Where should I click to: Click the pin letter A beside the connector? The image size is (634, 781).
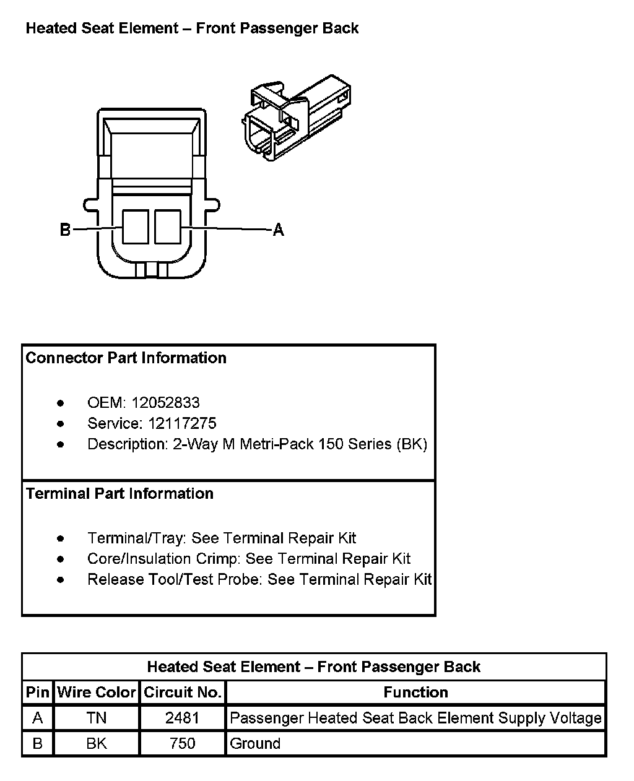point(279,230)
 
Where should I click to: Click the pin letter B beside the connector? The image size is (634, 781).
point(65,230)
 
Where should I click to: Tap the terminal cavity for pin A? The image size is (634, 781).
point(167,227)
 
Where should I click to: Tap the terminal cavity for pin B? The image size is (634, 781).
point(135,227)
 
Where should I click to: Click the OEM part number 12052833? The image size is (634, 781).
point(165,403)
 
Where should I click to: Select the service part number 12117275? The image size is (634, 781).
point(182,423)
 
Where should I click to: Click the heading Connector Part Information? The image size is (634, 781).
point(126,358)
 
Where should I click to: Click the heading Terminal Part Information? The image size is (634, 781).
point(119,494)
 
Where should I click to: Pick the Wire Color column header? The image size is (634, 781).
point(96,693)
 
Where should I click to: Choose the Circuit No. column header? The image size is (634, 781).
point(182,693)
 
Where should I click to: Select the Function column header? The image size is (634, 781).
point(415,693)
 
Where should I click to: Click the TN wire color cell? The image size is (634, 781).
point(96,718)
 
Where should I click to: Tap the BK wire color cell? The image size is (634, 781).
point(96,743)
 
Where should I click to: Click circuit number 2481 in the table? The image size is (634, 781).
point(182,718)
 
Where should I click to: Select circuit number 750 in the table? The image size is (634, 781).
point(182,743)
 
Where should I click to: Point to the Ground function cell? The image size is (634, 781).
point(254,743)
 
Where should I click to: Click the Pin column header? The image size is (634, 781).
point(37,693)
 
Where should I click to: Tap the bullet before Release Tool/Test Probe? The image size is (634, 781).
point(60,580)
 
